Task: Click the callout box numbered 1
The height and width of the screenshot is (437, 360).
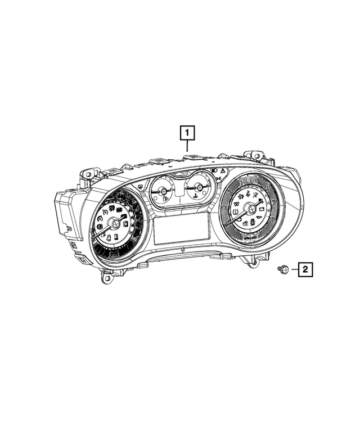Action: tap(187, 133)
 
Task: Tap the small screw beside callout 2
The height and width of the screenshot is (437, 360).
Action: tap(285, 271)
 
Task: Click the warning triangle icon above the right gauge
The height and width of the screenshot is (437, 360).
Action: tap(223, 169)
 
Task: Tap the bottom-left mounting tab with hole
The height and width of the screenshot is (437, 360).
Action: tap(106, 277)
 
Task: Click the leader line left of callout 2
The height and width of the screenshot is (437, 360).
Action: tap(294, 271)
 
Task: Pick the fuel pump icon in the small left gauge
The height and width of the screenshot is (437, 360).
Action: tap(164, 198)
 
